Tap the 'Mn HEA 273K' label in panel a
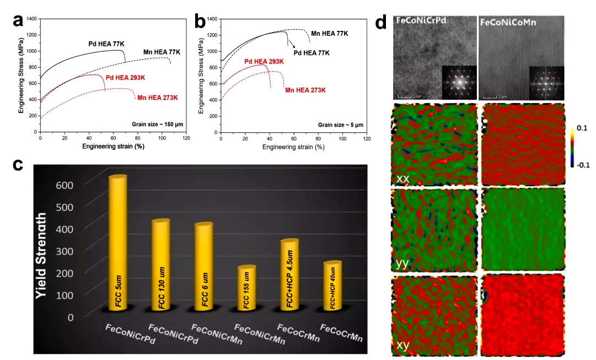tap(158, 98)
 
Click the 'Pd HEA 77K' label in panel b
tap(311, 53)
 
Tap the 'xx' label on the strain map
tap(404, 179)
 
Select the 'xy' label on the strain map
tap(404, 346)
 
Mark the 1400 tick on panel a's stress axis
tap(32, 19)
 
